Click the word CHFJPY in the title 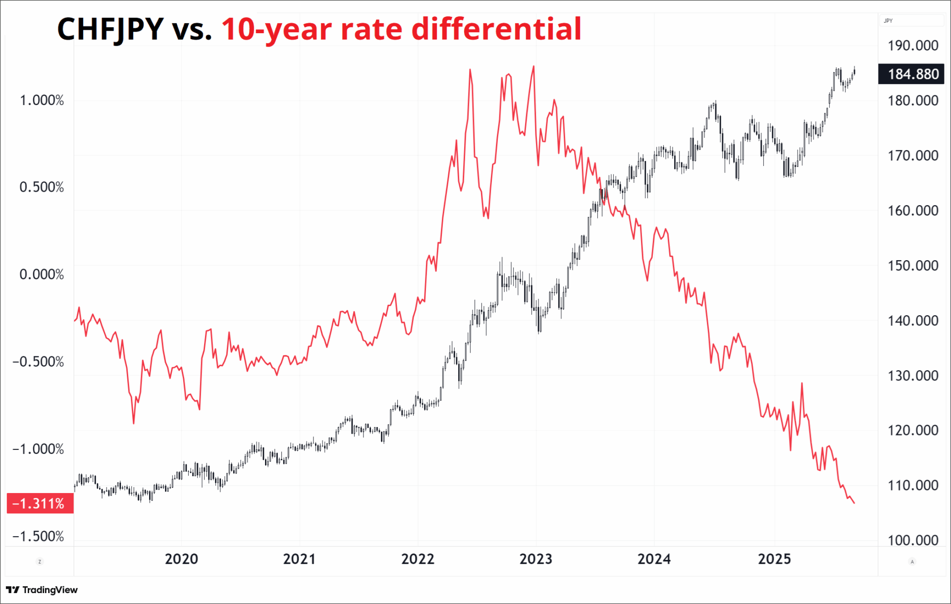(110, 29)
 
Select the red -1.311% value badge (40, 503)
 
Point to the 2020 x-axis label (181, 559)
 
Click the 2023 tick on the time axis (535, 559)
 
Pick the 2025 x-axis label (774, 559)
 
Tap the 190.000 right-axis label (912, 46)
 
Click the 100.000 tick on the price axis (912, 540)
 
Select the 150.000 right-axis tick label (912, 266)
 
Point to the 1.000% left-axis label (42, 101)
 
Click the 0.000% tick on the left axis (42, 275)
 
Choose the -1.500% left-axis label (38, 536)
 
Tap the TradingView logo (42, 590)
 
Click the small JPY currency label (888, 21)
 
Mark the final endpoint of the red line (854, 503)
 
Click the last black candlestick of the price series (854, 72)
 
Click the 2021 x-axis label (299, 559)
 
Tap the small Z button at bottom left (40, 561)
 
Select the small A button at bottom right (912, 561)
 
